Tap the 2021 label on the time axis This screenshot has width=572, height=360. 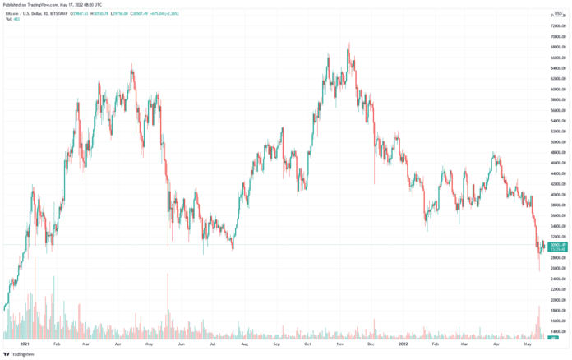click(25, 344)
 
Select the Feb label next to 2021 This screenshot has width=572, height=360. click(57, 344)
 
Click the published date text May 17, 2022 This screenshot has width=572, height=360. click(82, 4)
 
